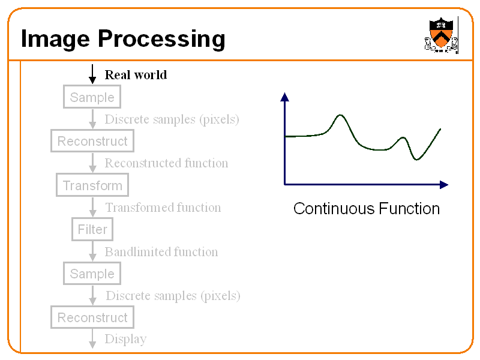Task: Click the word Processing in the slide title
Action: (161, 39)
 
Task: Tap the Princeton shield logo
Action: (442, 35)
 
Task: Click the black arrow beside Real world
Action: (92, 74)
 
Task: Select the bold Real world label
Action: (136, 74)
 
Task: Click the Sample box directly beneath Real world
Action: (92, 97)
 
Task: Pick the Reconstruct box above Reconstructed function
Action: (92, 141)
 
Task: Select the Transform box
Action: (92, 185)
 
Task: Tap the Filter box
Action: (92, 229)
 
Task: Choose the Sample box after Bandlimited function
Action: (92, 274)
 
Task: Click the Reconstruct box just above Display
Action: (92, 317)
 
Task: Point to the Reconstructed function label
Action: (166, 163)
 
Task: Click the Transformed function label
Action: (163, 208)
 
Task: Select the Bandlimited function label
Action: (161, 251)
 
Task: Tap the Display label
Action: (125, 339)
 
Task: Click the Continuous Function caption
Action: (366, 209)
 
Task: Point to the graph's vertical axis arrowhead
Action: (284, 97)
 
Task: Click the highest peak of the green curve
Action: (340, 115)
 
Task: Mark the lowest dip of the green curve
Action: (416, 160)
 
